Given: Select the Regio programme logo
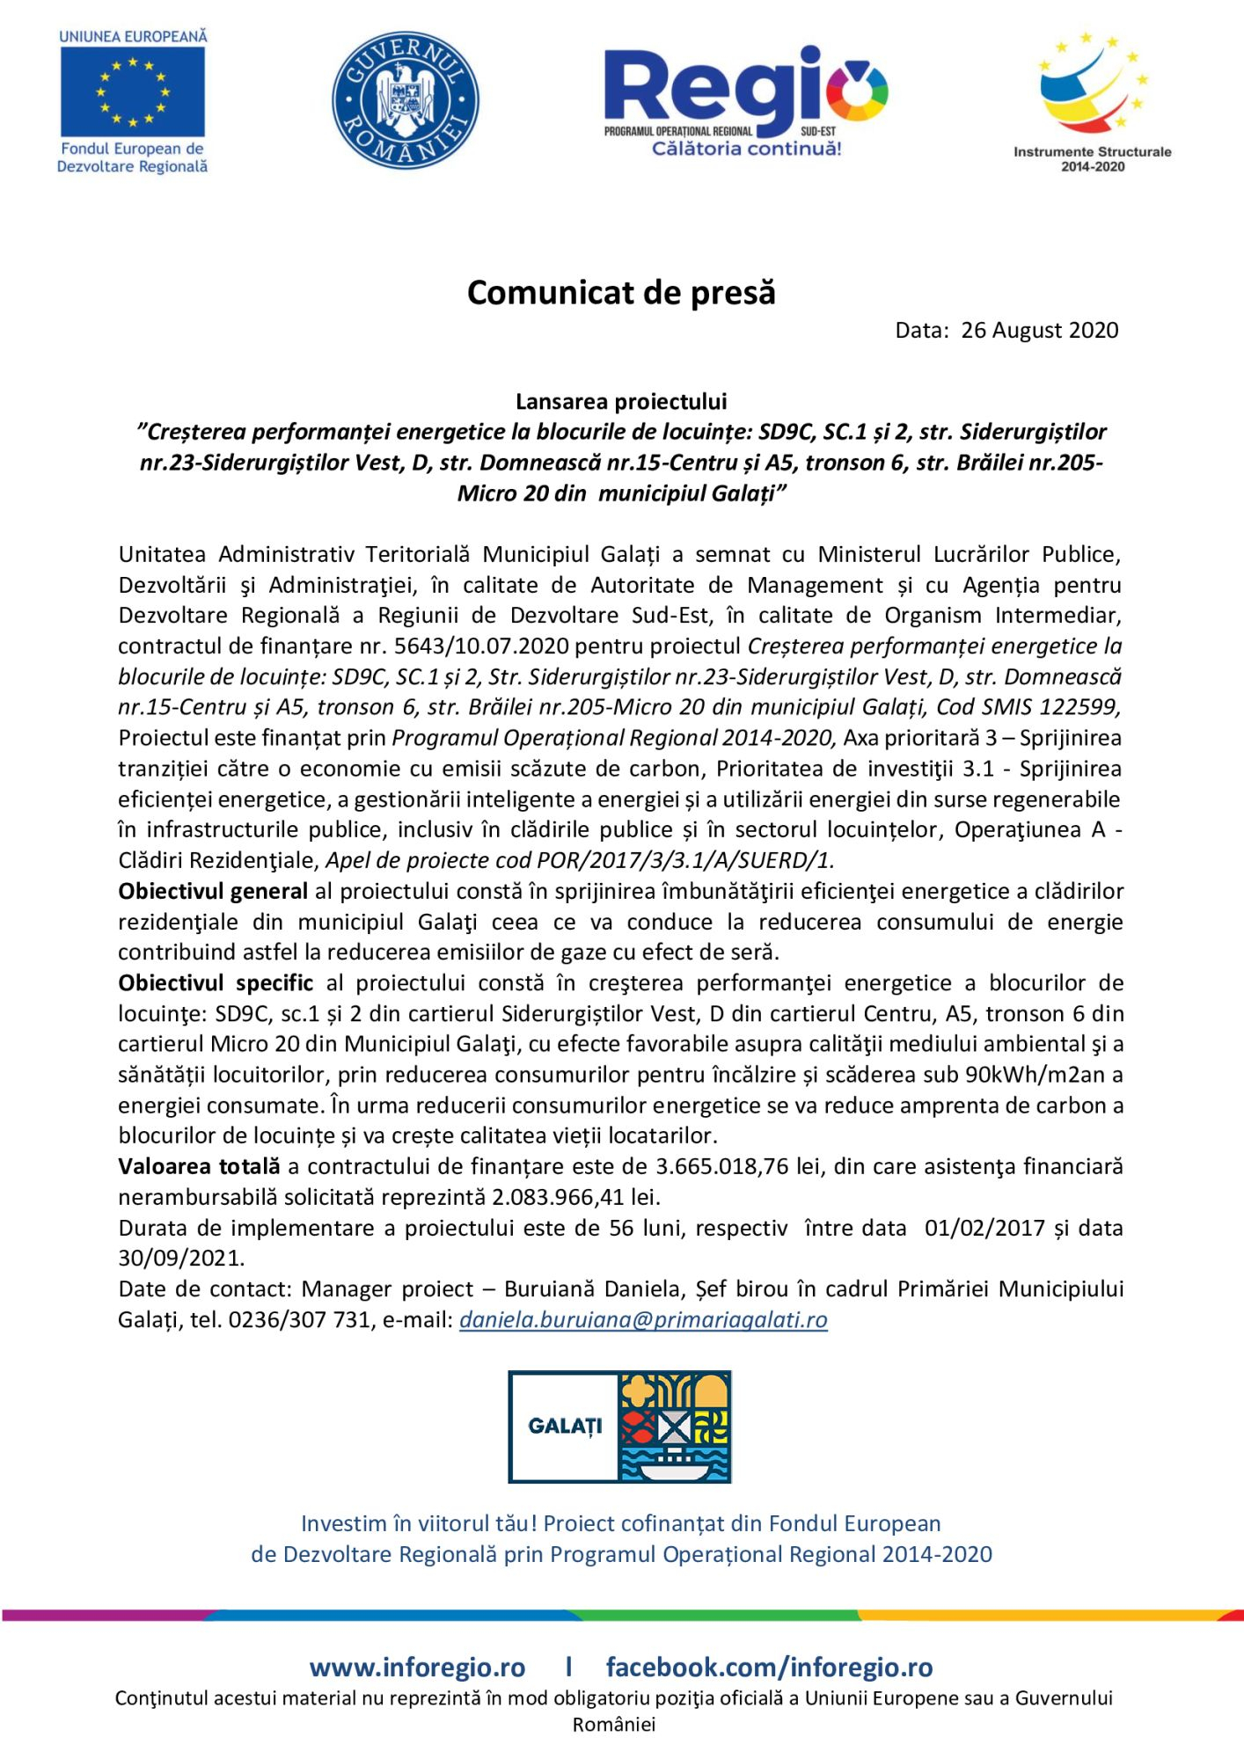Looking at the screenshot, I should pos(745,101).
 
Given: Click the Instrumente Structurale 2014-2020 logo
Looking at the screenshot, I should pos(1092,101).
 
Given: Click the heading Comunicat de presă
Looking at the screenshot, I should pos(621,293).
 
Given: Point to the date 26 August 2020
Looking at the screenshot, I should pos(1039,331).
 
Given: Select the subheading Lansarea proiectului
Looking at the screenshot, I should pos(621,402).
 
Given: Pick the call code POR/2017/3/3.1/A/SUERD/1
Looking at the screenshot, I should pos(684,860).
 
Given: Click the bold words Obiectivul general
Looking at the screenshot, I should pos(213,891).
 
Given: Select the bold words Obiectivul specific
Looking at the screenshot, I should pos(216,982).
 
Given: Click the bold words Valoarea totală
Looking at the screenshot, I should pos(199,1166).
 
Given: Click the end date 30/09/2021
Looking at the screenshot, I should pos(180,1258).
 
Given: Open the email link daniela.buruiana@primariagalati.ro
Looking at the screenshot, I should pos(643,1319).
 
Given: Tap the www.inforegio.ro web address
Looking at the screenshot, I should pos(417,1668).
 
